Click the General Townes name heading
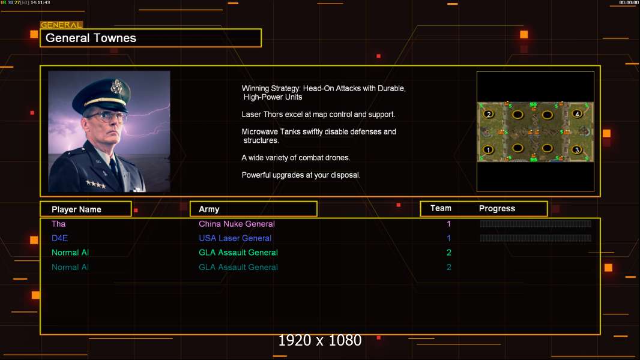pyautogui.click(x=91, y=38)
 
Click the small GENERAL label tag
pyautogui.click(x=62, y=25)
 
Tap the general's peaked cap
pyautogui.click(x=101, y=95)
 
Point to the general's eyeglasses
pyautogui.click(x=106, y=117)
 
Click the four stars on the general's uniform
pyautogui.click(x=96, y=184)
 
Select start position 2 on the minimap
pyautogui.click(x=489, y=114)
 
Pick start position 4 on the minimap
pyautogui.click(x=577, y=114)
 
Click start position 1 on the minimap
pyautogui.click(x=488, y=149)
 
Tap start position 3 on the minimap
pyautogui.click(x=577, y=149)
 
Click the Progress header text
pyautogui.click(x=497, y=208)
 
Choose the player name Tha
pyautogui.click(x=58, y=224)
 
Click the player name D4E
pyautogui.click(x=59, y=238)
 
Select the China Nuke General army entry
pyautogui.click(x=237, y=224)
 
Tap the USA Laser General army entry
pyautogui.click(x=235, y=238)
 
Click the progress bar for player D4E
pyautogui.click(x=536, y=238)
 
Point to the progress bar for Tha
pyautogui.click(x=536, y=223)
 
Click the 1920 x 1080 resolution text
pyautogui.click(x=320, y=340)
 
